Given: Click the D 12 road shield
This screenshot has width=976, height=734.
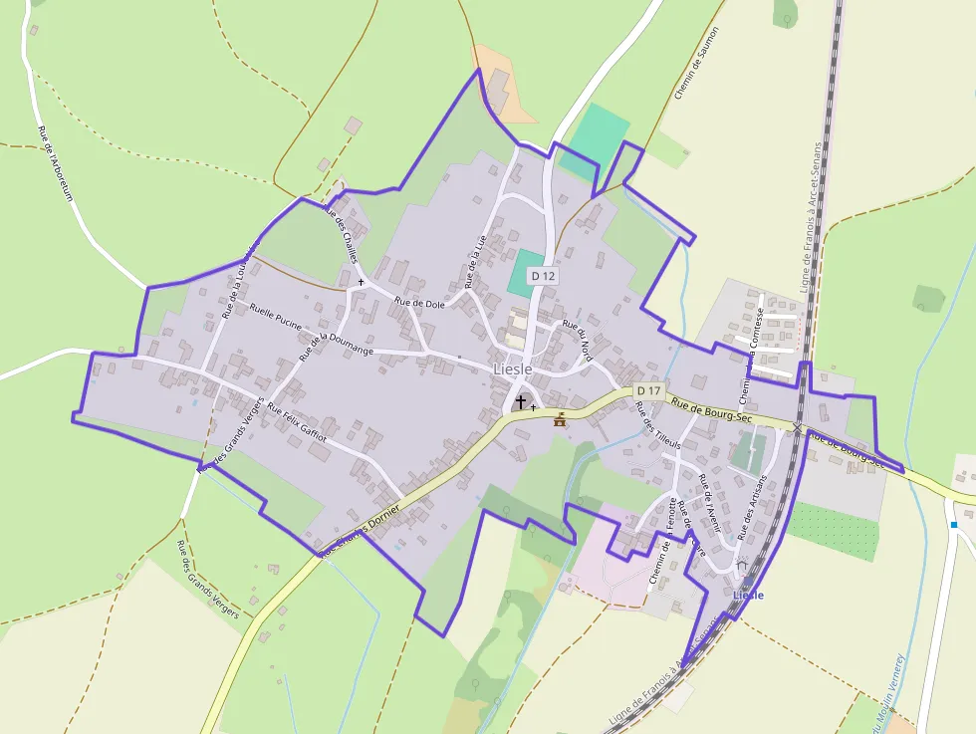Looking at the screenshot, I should pyautogui.click(x=542, y=275).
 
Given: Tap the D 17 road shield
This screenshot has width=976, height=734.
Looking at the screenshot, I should pyautogui.click(x=648, y=389).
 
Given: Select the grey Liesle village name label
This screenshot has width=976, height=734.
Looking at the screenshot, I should pyautogui.click(x=513, y=369).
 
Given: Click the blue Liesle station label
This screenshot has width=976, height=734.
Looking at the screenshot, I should pyautogui.click(x=748, y=595).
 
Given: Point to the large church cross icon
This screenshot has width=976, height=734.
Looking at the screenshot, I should pyautogui.click(x=520, y=401).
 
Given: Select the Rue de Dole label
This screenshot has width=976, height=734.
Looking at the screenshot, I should pyautogui.click(x=419, y=303).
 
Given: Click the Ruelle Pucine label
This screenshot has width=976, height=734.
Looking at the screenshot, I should pyautogui.click(x=276, y=316).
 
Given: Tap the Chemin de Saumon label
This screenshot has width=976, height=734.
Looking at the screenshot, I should pyautogui.click(x=696, y=63).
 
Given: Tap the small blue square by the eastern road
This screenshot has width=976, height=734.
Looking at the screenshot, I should pyautogui.click(x=953, y=525).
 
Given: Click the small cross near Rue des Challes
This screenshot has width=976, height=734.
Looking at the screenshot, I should pyautogui.click(x=361, y=283).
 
